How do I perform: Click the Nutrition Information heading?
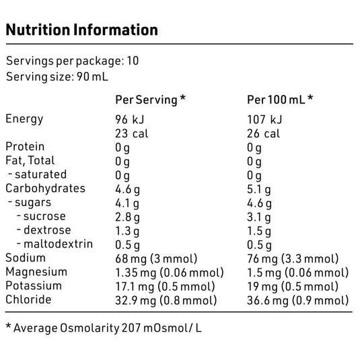click(81, 30)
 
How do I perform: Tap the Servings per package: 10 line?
click(72, 61)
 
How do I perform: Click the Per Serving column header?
click(150, 99)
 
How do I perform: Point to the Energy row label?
click(24, 119)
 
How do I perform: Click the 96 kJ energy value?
click(131, 119)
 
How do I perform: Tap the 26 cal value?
click(263, 133)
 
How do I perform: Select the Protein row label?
click(25, 147)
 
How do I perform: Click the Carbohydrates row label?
click(45, 188)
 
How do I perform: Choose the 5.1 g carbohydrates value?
click(260, 188)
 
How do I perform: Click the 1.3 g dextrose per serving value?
click(127, 230)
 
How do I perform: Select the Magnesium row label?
click(36, 272)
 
